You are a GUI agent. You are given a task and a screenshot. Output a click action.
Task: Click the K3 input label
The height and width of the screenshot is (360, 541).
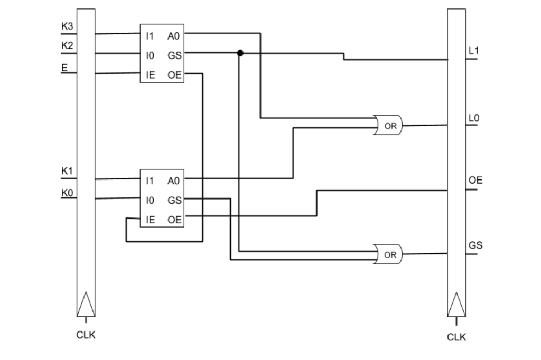click(67, 26)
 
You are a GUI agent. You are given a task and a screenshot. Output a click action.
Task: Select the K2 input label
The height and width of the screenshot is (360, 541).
click(67, 45)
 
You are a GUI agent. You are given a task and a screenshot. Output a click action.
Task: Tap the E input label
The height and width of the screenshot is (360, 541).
click(64, 67)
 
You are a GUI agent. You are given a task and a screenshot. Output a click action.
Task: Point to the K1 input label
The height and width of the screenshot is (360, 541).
click(67, 171)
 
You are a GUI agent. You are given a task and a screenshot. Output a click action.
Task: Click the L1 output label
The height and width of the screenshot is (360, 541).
click(473, 51)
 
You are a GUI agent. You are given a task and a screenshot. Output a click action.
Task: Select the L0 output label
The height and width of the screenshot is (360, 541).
click(473, 118)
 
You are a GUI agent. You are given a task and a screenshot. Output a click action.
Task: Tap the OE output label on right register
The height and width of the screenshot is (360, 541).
click(475, 181)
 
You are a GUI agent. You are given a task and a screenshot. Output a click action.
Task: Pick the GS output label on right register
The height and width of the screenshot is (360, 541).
click(475, 245)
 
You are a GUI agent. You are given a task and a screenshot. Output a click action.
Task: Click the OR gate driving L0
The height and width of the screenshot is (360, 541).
click(389, 126)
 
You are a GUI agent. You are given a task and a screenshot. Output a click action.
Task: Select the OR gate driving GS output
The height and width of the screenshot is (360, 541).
click(389, 255)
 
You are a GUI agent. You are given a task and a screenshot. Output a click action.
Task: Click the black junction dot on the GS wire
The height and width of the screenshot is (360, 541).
click(240, 53)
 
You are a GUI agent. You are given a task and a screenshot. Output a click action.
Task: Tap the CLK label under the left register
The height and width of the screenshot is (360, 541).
click(86, 335)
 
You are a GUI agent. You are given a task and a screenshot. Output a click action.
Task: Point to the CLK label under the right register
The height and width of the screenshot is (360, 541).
click(456, 337)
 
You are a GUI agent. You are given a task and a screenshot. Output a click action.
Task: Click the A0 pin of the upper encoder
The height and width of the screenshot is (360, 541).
click(174, 36)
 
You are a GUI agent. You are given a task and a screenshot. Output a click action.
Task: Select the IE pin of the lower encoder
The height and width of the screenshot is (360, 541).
click(150, 220)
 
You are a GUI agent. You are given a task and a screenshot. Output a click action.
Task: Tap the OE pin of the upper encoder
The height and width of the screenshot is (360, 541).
click(174, 75)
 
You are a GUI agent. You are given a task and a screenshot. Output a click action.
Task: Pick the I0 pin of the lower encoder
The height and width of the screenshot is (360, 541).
click(150, 201)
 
